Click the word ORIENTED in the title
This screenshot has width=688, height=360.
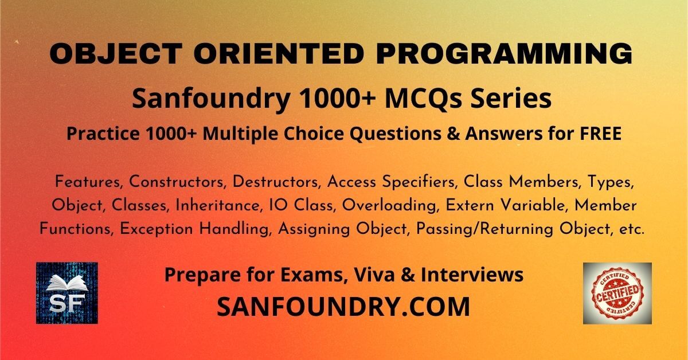tap(279, 53)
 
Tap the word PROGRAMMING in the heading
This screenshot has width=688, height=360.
tap(505, 54)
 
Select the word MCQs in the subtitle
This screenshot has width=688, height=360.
tap(423, 99)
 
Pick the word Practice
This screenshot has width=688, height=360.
tap(103, 134)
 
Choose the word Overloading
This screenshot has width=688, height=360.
tap(390, 206)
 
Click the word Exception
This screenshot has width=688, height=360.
tap(156, 230)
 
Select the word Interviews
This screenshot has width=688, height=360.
tap(472, 275)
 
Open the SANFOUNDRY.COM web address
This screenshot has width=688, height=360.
tap(343, 306)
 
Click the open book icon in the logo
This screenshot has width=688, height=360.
tap(67, 283)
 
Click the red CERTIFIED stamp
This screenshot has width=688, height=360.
tap(617, 293)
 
